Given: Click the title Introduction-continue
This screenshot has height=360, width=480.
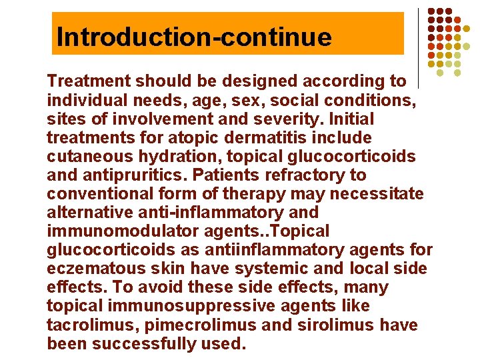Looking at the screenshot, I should click(194, 36).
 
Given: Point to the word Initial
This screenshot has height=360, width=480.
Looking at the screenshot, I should click(352, 119).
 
